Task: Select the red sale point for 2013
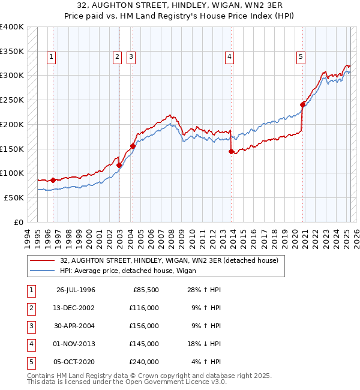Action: pos(231,151)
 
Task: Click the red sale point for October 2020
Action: pos(302,105)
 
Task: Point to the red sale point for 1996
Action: pos(53,180)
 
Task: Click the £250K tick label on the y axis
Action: pos(12,100)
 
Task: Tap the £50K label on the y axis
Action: pos(14,197)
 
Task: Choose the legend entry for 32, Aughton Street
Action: pos(169,261)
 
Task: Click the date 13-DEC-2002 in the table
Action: pos(76,308)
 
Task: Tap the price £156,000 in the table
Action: pos(145,326)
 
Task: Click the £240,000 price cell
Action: pos(145,362)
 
